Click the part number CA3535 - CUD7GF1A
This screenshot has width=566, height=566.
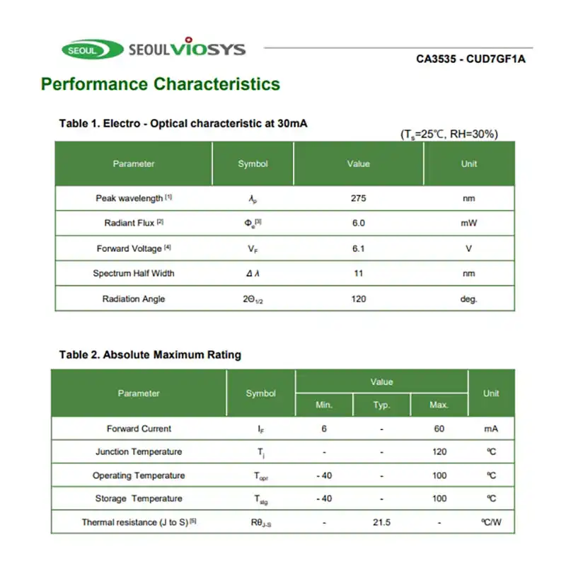click(x=470, y=59)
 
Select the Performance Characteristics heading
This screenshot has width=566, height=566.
click(x=161, y=84)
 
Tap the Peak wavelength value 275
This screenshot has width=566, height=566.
click(x=358, y=198)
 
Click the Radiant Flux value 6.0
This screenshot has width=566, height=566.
click(x=358, y=224)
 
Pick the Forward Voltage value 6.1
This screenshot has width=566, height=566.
click(x=358, y=248)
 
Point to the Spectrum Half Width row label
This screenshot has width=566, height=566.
click(x=134, y=273)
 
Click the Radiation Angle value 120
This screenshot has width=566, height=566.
click(x=358, y=299)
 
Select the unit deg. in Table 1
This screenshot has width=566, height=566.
click(x=468, y=299)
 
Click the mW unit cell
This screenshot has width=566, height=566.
click(x=468, y=224)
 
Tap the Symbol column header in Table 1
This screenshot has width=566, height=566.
click(x=253, y=164)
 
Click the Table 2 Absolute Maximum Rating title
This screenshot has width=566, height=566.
click(x=150, y=354)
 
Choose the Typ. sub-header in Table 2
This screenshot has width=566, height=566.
click(x=381, y=405)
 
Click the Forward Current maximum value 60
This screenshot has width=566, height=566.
click(x=439, y=429)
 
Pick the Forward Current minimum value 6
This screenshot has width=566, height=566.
click(x=324, y=429)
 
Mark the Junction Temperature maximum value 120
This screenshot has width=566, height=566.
click(x=439, y=452)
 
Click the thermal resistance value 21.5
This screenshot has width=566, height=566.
click(x=381, y=522)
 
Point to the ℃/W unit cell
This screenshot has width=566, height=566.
click(x=491, y=522)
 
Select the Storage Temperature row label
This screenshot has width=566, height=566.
click(x=139, y=499)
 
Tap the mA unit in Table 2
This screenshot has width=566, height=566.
click(x=491, y=429)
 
